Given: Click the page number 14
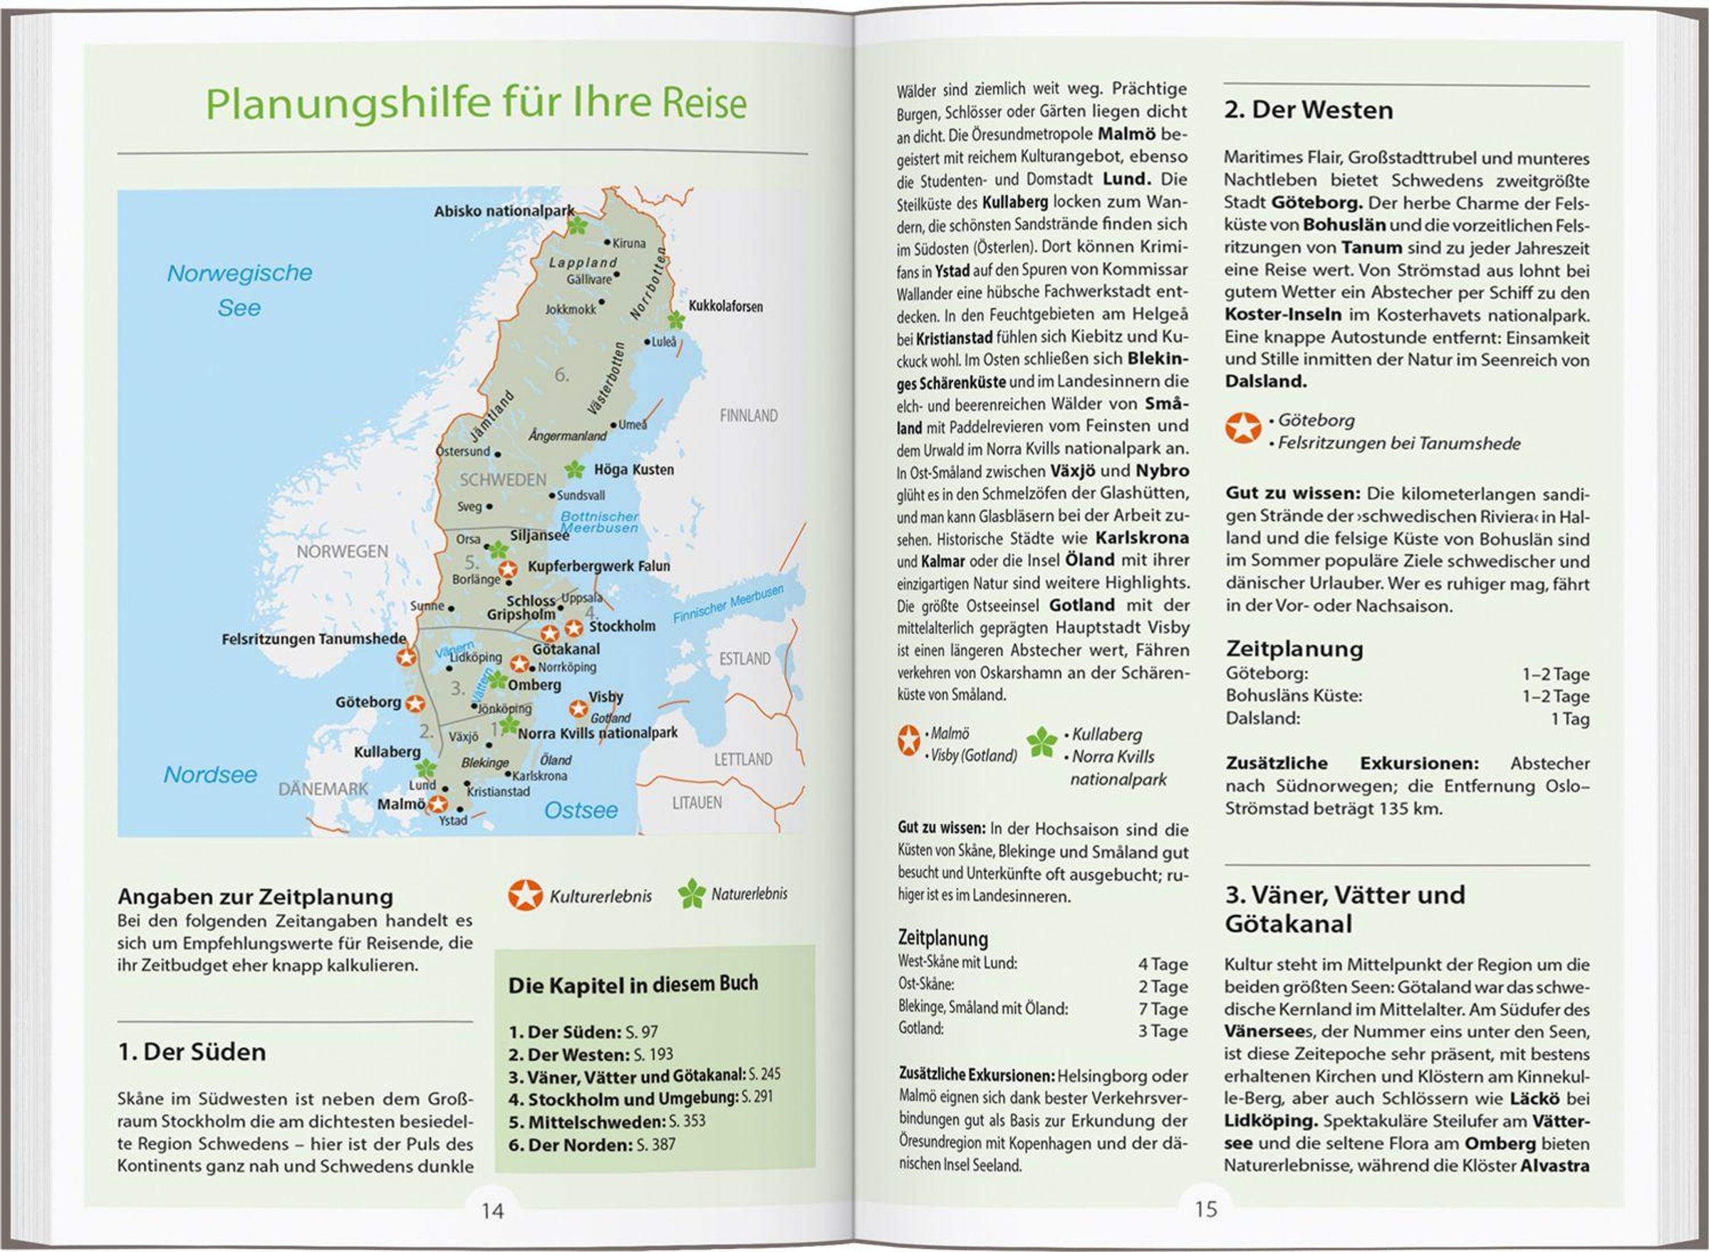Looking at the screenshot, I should [x=493, y=1210].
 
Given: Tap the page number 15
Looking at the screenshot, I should [x=1205, y=1209].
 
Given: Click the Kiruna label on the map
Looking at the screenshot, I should [x=628, y=244].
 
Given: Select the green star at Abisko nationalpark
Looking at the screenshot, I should [x=578, y=226].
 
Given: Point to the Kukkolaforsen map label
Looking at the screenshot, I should [x=725, y=306].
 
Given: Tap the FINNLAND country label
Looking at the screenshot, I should [x=748, y=415].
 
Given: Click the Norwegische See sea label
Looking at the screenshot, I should [x=239, y=290].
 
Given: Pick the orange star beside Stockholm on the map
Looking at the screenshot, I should [x=573, y=627].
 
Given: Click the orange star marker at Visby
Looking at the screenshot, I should [x=578, y=708].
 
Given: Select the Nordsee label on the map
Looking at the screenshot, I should [x=210, y=775].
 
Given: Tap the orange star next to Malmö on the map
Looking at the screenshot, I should [x=437, y=804].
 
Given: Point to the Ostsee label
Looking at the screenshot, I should [x=581, y=810].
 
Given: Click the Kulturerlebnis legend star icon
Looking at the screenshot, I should [x=524, y=894].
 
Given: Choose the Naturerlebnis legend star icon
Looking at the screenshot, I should [x=691, y=894].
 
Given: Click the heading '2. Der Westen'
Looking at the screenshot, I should [x=1308, y=110].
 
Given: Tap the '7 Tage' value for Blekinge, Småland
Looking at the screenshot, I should [x=1163, y=1008].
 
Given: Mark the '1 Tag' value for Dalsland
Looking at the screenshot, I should [x=1569, y=719].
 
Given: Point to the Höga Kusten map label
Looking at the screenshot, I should [x=633, y=470].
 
